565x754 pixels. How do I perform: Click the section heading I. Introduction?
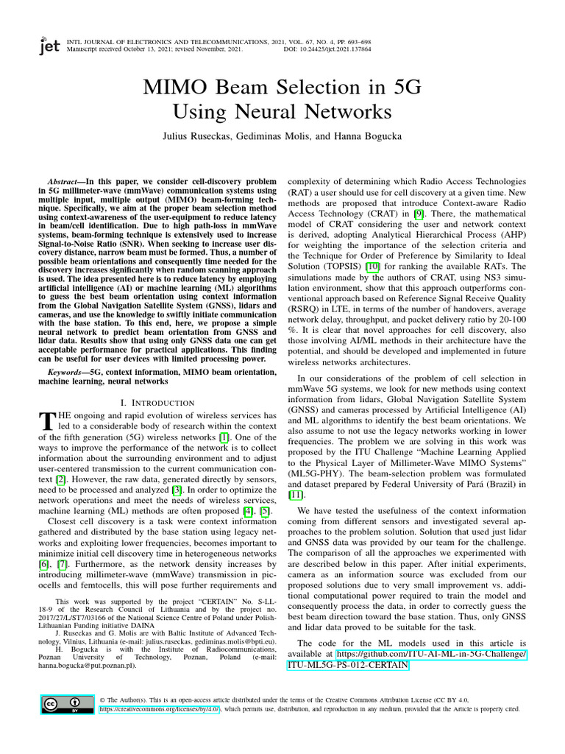coord(157,403)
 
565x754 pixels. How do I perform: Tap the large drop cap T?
coord(46,421)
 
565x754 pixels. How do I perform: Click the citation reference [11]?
coord(295,496)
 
